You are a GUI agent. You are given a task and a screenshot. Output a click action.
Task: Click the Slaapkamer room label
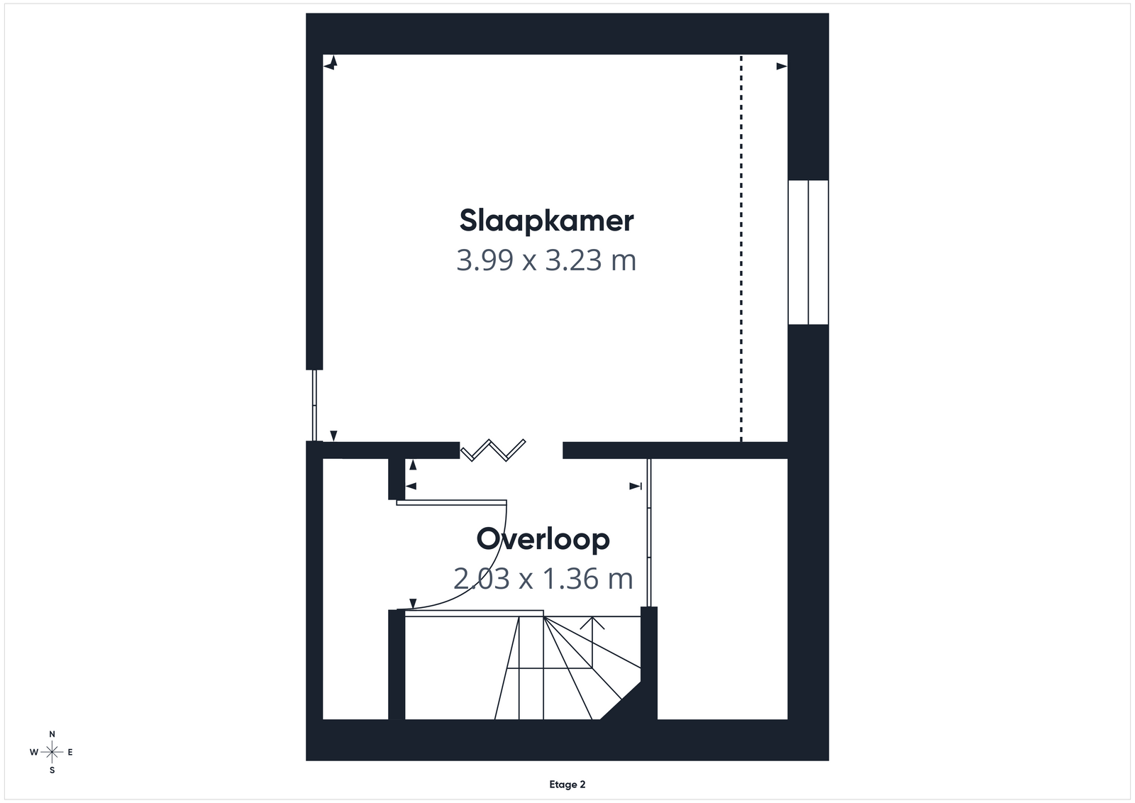[x=546, y=221]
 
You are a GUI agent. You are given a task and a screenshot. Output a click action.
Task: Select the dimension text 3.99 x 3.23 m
[x=546, y=260]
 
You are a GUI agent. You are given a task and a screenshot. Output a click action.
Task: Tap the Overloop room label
[x=543, y=538]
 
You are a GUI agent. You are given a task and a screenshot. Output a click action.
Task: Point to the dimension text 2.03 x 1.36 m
[x=543, y=578]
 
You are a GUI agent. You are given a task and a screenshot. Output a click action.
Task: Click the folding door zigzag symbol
[x=492, y=450]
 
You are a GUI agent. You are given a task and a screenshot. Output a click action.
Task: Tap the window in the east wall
[x=808, y=252]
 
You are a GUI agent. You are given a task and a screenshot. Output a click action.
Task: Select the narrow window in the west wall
[x=314, y=405]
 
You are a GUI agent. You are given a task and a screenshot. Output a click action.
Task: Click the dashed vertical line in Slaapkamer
[x=741, y=248]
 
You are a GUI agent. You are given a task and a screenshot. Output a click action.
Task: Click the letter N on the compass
[x=52, y=734]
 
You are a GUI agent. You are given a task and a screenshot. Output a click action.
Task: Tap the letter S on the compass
[x=52, y=770]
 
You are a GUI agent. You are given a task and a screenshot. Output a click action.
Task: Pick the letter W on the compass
[x=34, y=753]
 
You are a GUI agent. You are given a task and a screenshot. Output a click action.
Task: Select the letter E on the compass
[x=70, y=753]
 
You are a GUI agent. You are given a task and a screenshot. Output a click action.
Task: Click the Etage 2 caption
[x=567, y=785]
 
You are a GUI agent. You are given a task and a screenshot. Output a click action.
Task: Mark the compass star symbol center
[x=52, y=753]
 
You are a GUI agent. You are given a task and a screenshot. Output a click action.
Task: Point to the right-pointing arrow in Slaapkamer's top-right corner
[x=782, y=67]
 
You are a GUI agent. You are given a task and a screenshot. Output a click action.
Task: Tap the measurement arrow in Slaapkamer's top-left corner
[x=331, y=63]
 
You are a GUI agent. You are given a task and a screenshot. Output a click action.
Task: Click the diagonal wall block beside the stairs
[x=624, y=702]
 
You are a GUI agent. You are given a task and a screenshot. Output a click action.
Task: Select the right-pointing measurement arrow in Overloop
[x=636, y=487]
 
